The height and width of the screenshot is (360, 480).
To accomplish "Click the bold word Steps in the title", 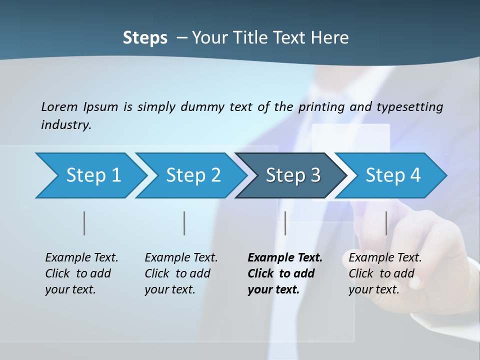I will tap(145, 37).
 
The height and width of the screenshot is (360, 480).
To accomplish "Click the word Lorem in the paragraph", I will tap(59, 106).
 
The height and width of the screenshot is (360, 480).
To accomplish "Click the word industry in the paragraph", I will tap(66, 124).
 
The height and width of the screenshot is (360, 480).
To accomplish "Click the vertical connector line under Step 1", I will tap(84, 223).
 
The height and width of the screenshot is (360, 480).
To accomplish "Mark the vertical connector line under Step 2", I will tap(184, 223).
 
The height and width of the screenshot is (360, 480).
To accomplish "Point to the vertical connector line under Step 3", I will tap(285, 223).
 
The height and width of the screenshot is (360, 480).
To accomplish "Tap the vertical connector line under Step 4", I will tap(386, 223).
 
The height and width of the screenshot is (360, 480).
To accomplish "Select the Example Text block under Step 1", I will tap(81, 273).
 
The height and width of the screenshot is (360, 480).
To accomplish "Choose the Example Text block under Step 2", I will tap(181, 273).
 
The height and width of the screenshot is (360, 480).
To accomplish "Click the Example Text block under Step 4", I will tap(385, 273).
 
